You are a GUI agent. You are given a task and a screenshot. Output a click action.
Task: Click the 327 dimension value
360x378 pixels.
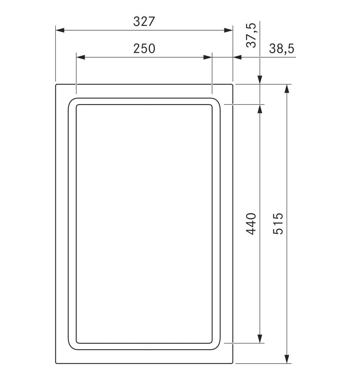pyautogui.click(x=144, y=22)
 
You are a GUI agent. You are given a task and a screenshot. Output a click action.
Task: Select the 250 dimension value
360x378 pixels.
pyautogui.click(x=144, y=49)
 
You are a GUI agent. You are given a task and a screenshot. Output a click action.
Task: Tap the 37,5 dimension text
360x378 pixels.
pyautogui.click(x=251, y=35)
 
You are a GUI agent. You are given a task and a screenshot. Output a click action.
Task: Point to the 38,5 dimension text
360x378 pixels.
pyautogui.click(x=282, y=49)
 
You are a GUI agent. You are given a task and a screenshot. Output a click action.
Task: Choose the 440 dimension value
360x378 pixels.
pyautogui.click(x=251, y=224)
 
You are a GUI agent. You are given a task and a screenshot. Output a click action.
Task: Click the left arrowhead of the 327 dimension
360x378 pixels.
pyautogui.click(x=60, y=30)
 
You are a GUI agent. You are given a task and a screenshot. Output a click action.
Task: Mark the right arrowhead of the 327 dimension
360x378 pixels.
pyautogui.click(x=228, y=30)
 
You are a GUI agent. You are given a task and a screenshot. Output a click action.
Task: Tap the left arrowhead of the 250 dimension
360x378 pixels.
pyautogui.click(x=81, y=57)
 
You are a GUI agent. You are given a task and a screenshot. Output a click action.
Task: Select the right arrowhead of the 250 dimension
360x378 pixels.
pyautogui.click(x=208, y=57)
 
